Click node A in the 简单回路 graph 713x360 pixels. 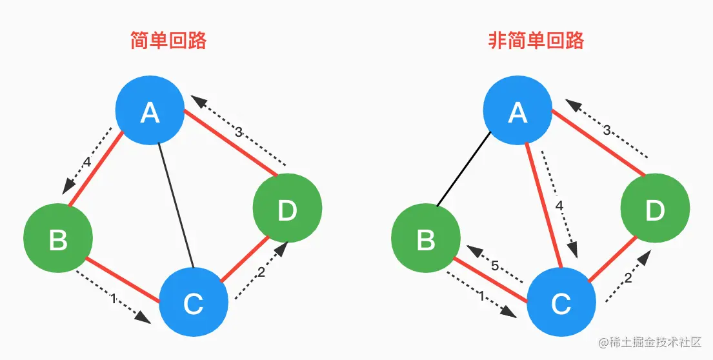pos(150,113)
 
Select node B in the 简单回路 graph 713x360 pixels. pos(57,239)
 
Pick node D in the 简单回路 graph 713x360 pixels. pos(286,209)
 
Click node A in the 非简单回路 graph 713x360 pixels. pos(517,113)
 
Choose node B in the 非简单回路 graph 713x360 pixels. pos(426,239)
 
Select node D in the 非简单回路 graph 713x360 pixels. pos(654,209)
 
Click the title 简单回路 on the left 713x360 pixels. pos(168,41)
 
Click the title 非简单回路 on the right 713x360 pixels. pos(536,41)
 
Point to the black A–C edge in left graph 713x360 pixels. pos(177,206)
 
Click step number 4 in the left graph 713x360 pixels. pos(86,162)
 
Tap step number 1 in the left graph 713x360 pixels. pos(114,299)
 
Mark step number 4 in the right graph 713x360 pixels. pos(559,206)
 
